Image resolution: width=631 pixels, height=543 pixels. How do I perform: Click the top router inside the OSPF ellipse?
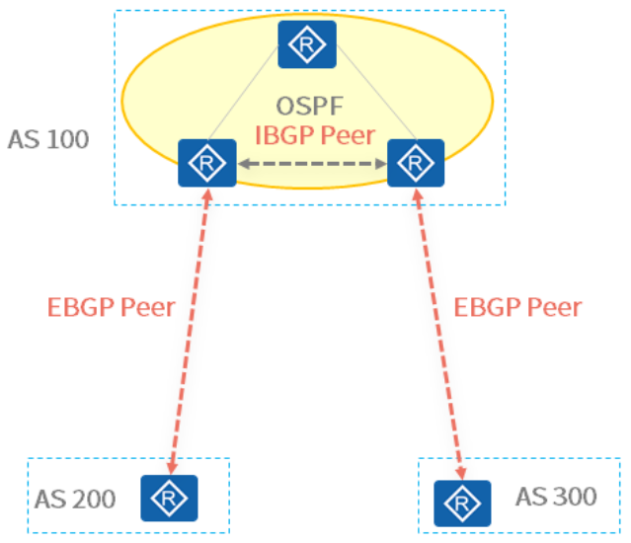[307, 44]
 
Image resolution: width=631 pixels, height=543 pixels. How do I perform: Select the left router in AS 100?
[206, 163]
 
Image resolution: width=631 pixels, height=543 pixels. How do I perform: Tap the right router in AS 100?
[415, 163]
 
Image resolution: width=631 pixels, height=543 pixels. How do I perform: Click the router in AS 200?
[169, 499]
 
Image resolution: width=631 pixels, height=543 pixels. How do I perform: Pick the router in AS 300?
[461, 504]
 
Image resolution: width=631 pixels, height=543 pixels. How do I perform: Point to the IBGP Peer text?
[315, 135]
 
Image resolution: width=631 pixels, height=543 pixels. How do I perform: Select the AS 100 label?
[48, 138]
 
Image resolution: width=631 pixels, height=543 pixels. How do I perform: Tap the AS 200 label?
[75, 500]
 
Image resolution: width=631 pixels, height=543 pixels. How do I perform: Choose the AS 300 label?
[556, 496]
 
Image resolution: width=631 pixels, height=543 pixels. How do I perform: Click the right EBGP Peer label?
[517, 306]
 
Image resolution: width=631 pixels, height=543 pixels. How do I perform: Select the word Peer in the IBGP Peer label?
[349, 135]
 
